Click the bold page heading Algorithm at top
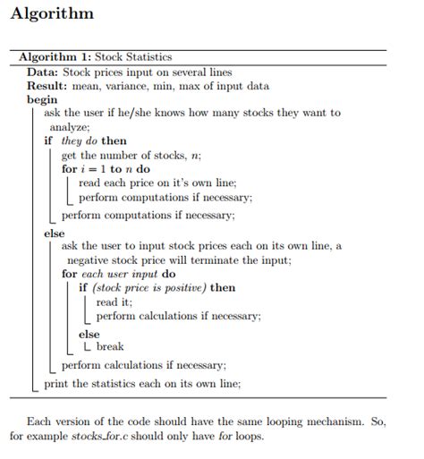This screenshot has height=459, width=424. pos(51,15)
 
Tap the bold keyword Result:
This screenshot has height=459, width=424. pos(47,85)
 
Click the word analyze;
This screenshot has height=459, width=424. pos(82,126)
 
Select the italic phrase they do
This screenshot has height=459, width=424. pos(78,140)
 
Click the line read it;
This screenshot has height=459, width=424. pos(114,302)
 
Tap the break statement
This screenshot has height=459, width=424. pos(110,346)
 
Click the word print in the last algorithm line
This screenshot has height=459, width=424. pos(56,384)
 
